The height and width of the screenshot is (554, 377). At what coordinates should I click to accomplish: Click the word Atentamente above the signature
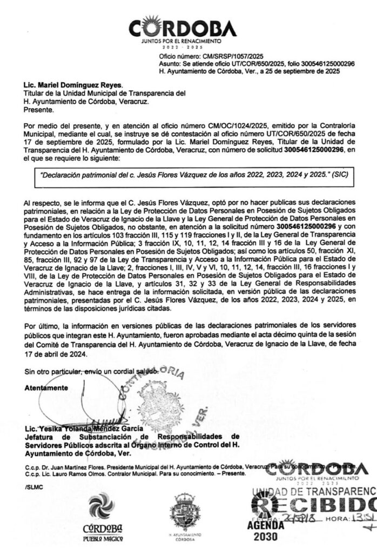click(46, 388)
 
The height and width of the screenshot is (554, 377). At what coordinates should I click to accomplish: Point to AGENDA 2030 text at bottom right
click(265, 531)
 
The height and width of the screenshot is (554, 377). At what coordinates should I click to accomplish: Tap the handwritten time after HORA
click(361, 518)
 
